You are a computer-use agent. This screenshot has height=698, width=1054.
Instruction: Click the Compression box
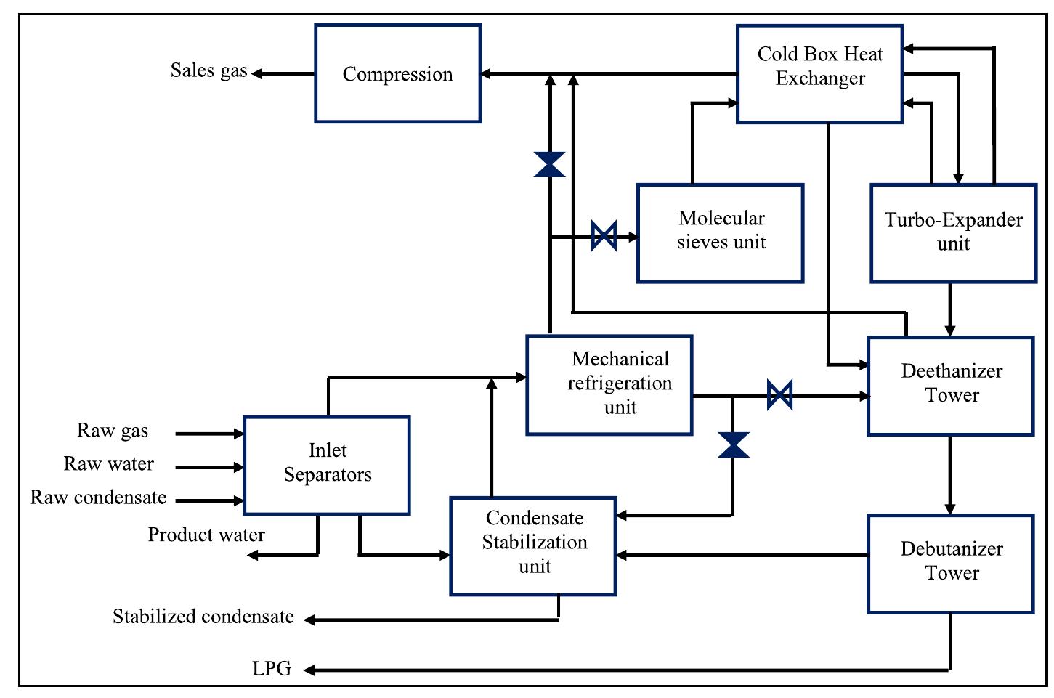[x=397, y=73]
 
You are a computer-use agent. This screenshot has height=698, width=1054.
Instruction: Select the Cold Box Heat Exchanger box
[x=819, y=73]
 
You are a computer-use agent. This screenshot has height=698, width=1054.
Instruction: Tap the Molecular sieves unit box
[x=720, y=233]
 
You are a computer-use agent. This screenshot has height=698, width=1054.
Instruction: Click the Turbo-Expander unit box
[x=953, y=233]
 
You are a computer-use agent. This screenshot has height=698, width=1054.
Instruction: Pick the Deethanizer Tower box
[x=950, y=386]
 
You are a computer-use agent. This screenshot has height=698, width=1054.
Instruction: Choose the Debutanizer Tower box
[x=950, y=564]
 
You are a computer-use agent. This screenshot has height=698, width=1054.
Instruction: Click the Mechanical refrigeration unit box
[x=609, y=385]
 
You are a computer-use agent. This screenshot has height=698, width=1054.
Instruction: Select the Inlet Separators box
[x=326, y=465]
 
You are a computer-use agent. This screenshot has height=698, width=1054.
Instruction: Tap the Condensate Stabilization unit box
[x=532, y=545]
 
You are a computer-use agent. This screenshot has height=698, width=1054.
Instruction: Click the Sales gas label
[x=208, y=70]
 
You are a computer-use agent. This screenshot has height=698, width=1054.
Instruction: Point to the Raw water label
[x=109, y=464]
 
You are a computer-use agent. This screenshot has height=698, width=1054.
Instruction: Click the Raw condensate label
[x=98, y=498]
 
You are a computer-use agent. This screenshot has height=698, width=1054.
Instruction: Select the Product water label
[x=206, y=535]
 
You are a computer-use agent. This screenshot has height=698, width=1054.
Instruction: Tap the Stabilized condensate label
[x=203, y=617]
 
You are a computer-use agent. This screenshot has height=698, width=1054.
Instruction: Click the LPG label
[x=272, y=669]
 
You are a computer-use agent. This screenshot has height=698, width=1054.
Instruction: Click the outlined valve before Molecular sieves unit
[x=604, y=236]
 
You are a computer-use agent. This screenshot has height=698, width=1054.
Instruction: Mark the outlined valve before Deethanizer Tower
[x=779, y=396]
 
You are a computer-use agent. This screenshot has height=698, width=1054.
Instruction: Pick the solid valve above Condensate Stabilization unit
[x=733, y=445]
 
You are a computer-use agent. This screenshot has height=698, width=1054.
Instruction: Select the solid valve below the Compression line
[x=549, y=164]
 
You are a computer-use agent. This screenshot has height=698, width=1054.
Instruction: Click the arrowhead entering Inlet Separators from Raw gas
[x=238, y=434]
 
